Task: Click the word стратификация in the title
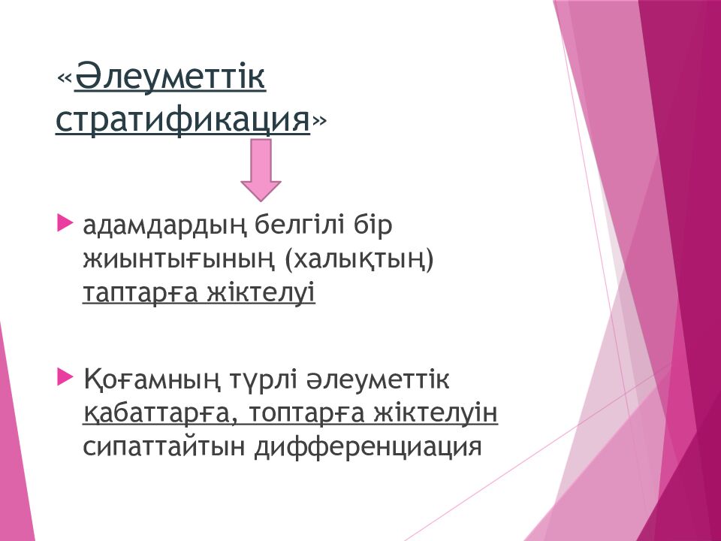click(x=183, y=120)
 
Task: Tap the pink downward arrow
click(x=261, y=171)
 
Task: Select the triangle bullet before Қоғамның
click(x=65, y=377)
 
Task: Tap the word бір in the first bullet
click(x=373, y=226)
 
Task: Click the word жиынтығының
click(x=179, y=260)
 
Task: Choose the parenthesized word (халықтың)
click(x=359, y=260)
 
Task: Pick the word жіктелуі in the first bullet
click(x=261, y=292)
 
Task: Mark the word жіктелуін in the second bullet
click(x=436, y=413)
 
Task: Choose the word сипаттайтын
click(x=164, y=446)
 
